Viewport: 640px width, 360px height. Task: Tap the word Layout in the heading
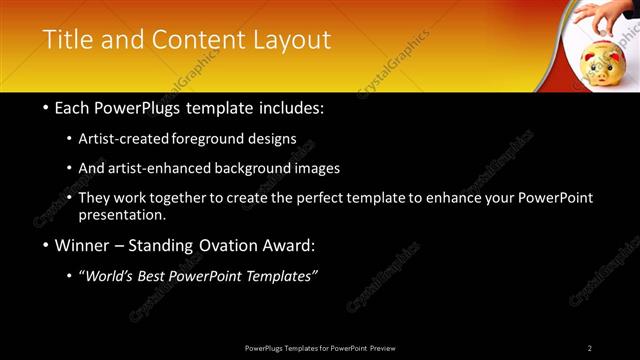291,40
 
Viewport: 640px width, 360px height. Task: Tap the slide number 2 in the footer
589,348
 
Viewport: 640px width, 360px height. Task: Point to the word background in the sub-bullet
259,168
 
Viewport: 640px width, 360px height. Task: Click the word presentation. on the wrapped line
123,214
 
